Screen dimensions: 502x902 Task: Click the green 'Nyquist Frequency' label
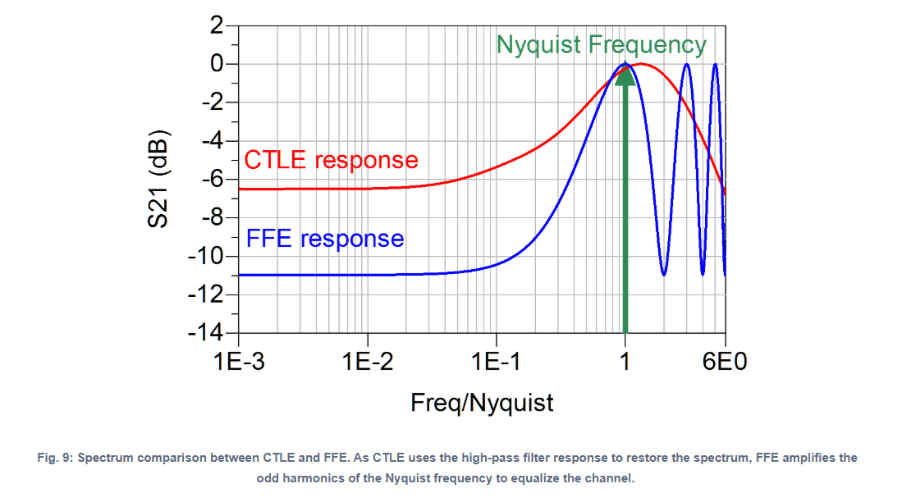coord(601,44)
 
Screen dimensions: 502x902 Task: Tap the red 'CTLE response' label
coord(331,159)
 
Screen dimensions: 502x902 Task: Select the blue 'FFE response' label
coord(325,239)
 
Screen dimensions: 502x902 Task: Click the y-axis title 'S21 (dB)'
coord(159,179)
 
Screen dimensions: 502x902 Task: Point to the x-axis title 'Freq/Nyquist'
coord(482,403)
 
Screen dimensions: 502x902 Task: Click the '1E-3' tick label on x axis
coord(239,361)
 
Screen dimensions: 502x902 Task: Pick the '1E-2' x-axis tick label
coord(368,361)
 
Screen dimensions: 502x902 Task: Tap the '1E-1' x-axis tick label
coord(496,361)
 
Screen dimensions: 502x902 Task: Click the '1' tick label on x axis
coord(625,361)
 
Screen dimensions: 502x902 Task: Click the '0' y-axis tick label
coord(217,64)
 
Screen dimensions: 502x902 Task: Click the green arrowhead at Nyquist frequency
coord(625,75)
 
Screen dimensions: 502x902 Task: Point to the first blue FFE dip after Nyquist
coord(663,273)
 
